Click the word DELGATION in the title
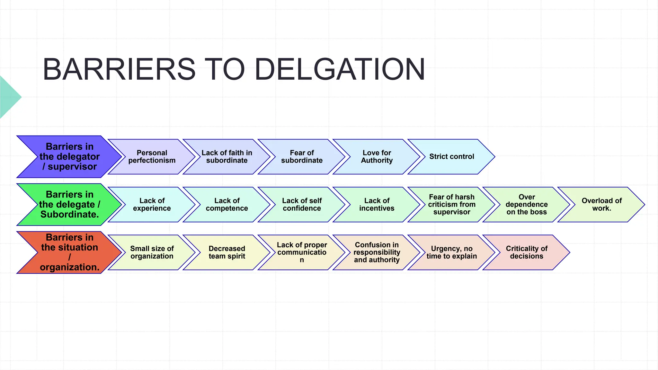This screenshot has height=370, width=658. click(340, 69)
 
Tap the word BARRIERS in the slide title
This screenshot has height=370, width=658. click(119, 69)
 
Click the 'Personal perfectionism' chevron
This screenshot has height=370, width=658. click(152, 157)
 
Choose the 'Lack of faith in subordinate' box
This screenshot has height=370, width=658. click(227, 157)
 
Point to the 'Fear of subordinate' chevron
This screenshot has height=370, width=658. click(302, 157)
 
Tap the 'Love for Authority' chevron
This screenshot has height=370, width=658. click(377, 157)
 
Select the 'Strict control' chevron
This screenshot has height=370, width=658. click(452, 157)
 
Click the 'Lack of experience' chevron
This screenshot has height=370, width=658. click(152, 205)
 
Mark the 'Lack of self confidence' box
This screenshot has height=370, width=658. click(302, 205)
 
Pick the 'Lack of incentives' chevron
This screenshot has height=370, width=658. click(377, 205)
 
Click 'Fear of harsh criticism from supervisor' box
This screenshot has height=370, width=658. click(452, 205)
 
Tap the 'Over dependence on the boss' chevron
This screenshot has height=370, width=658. click(527, 205)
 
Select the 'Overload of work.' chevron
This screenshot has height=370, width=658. click(601, 205)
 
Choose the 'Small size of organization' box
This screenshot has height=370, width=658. click(152, 252)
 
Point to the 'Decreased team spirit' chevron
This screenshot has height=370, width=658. click(227, 252)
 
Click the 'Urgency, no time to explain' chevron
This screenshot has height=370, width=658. click(452, 252)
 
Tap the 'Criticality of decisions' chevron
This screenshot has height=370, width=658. click(527, 252)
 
